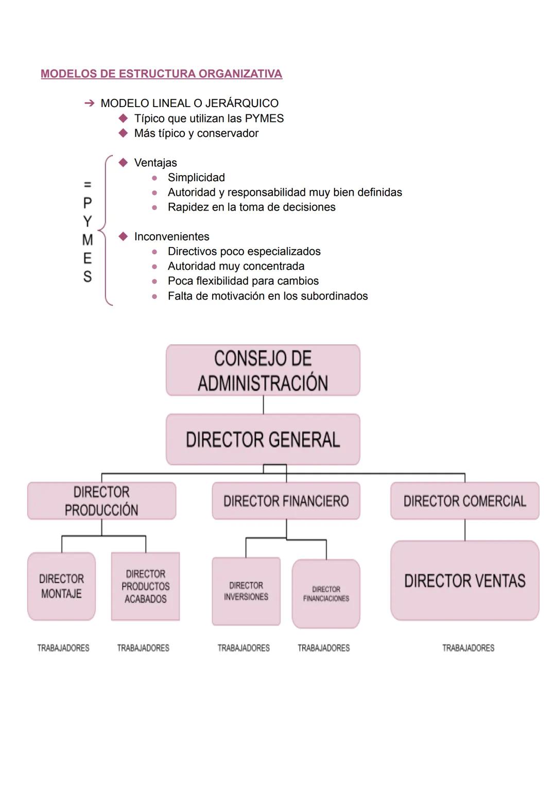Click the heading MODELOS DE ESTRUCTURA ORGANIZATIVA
161,74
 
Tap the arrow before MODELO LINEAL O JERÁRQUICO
89,103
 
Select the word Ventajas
155,163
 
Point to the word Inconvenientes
171,237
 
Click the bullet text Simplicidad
196,178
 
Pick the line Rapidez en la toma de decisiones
251,207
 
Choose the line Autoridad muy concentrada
236,266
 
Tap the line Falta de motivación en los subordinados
267,296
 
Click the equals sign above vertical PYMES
88,184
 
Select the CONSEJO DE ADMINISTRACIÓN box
263,371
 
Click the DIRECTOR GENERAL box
263,440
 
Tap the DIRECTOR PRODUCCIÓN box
101,501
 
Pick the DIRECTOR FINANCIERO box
286,501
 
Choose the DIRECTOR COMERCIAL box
464,501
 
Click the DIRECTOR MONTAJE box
61,586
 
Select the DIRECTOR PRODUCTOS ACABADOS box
145,586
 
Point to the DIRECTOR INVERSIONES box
246,591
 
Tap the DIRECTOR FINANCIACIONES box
326,594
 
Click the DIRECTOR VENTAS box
464,581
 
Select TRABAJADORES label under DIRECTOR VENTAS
468,648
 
